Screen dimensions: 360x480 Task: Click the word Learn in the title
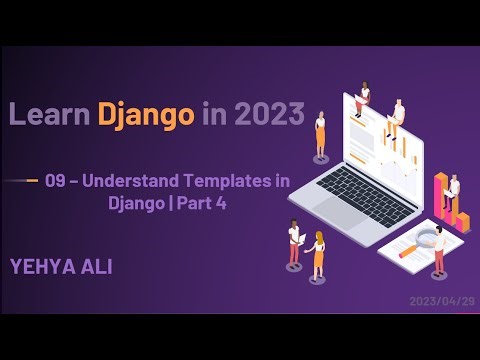pos(50,115)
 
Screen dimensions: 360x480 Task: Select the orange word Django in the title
pos(146,115)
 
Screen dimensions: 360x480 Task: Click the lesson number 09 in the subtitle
pos(69,181)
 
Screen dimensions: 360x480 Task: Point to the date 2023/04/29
pos(440,300)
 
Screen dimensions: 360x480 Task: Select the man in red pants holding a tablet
pos(295,246)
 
